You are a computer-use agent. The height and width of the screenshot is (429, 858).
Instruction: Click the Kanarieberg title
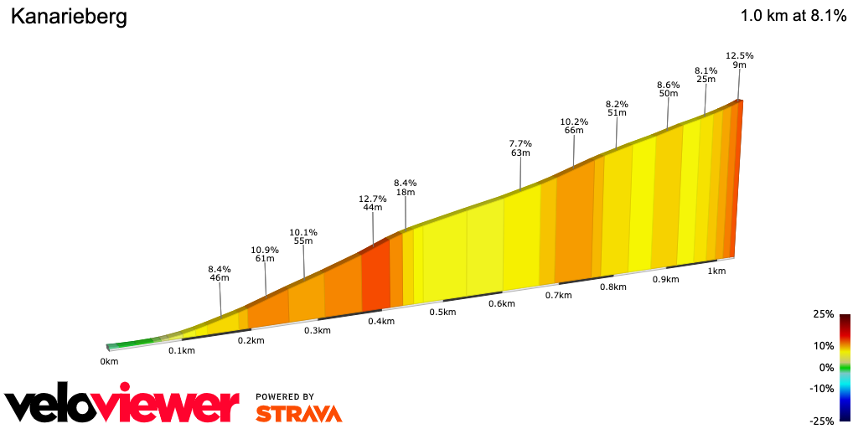tap(69, 17)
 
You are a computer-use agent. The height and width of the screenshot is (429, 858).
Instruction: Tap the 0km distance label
tap(109, 361)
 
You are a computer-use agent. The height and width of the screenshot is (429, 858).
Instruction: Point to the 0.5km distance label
tap(442, 313)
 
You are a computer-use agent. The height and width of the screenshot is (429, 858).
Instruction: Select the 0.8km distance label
tap(613, 287)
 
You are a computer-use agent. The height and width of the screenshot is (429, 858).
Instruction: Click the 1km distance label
tap(716, 271)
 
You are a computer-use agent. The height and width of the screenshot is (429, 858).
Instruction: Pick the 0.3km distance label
tap(318, 330)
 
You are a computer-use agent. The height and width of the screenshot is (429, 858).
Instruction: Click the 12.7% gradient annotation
tap(373, 199)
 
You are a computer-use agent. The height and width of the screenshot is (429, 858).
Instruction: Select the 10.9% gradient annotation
tap(265, 250)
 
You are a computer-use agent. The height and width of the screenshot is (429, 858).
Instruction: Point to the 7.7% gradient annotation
tap(520, 143)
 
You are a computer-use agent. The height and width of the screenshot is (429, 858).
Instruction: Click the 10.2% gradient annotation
tap(574, 121)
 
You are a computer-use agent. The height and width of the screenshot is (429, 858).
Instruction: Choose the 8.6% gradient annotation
tap(668, 85)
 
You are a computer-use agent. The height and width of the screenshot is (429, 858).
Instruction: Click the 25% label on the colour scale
tap(823, 314)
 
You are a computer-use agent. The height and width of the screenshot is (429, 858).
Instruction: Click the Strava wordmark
tap(298, 413)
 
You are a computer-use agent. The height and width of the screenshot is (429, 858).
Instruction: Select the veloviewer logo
tap(121, 404)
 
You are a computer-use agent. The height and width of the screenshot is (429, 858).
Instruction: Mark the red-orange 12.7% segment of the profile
tap(375, 277)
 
